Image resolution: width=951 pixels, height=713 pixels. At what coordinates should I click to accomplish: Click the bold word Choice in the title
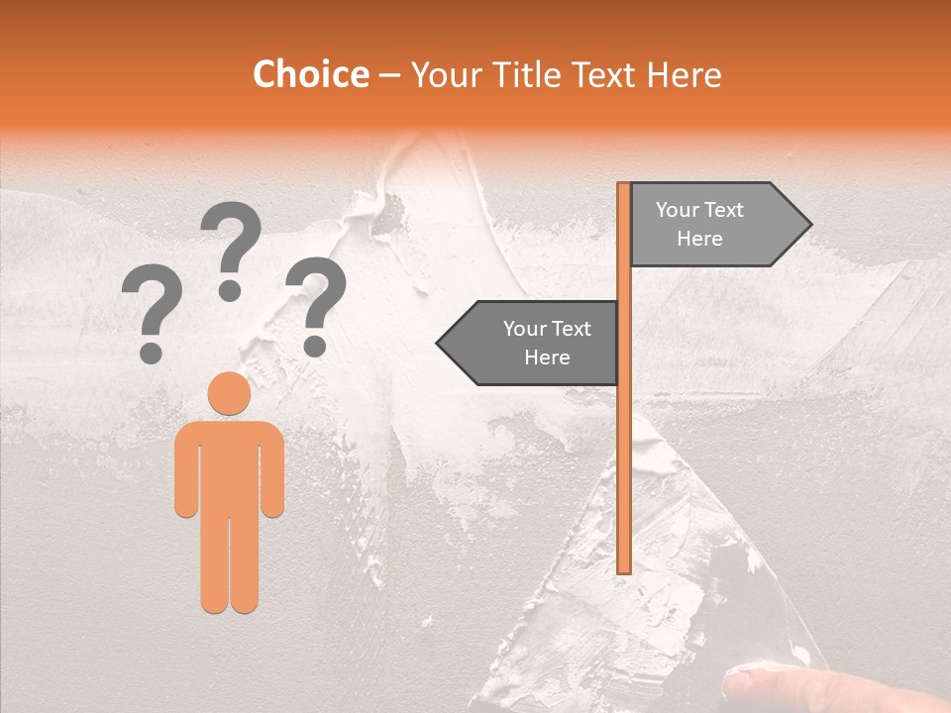[310, 74]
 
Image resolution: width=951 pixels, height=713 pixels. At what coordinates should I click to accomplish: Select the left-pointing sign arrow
[530, 343]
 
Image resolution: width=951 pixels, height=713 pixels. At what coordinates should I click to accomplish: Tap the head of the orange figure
[229, 393]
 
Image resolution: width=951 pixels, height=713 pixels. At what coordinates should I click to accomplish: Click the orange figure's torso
[229, 465]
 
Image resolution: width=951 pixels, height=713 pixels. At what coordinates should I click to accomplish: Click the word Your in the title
[445, 74]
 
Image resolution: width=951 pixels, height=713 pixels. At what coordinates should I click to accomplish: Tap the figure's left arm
[186, 470]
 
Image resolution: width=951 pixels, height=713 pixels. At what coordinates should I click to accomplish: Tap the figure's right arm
[272, 470]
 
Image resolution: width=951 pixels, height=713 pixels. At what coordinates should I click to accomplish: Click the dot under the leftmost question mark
[152, 352]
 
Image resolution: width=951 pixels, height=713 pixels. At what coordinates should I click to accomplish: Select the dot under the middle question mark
[230, 290]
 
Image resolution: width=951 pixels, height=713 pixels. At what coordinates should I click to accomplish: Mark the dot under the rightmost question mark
[315, 346]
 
